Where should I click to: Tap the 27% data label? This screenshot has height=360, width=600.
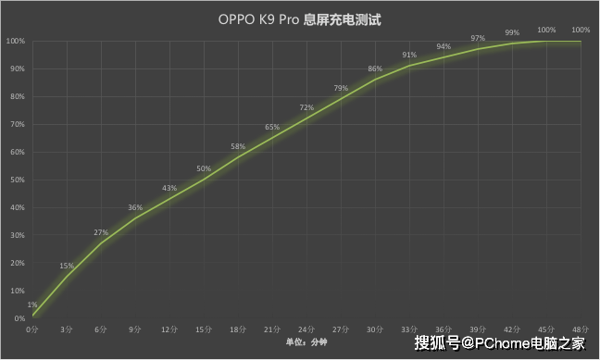[x=101, y=232]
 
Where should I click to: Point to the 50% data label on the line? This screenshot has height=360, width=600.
[x=204, y=168]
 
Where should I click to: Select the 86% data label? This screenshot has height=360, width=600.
[x=375, y=68]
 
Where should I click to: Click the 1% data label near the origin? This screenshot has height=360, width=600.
[x=32, y=304]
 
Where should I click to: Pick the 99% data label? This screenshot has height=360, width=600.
[x=512, y=32]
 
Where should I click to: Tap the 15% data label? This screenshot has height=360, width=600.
[x=67, y=266]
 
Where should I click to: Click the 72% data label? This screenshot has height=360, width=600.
[x=306, y=107]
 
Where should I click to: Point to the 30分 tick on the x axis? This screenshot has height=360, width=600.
[x=375, y=329]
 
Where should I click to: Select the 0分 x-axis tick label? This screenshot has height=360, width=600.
[x=32, y=329]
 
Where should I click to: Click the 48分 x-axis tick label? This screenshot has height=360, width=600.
[x=581, y=329]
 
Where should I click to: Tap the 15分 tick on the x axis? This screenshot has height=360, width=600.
[x=204, y=329]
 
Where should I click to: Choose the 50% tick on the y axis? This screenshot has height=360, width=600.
[x=16, y=180]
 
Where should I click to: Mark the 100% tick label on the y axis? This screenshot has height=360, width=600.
[x=14, y=41]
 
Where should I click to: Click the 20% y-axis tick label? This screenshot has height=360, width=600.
[x=16, y=263]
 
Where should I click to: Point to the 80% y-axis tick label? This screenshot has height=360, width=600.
[x=16, y=96]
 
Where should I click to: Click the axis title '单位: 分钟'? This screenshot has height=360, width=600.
[x=306, y=343]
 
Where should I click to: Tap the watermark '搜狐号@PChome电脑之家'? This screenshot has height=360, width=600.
[x=500, y=343]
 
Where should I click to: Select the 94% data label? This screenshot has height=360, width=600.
[x=444, y=46]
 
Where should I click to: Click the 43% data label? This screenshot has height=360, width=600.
[x=169, y=188]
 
